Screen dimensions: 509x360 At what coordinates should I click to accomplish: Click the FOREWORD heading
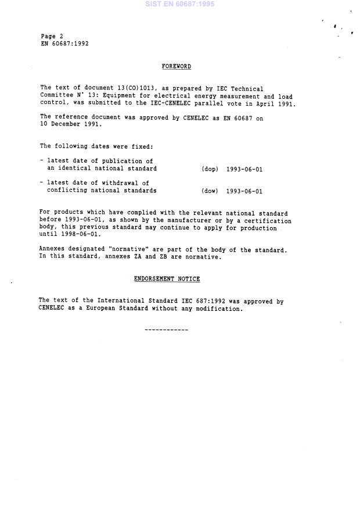(x=177, y=67)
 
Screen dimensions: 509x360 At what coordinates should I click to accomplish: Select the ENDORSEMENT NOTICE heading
(x=167, y=279)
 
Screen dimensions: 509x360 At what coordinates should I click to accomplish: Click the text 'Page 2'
(x=52, y=36)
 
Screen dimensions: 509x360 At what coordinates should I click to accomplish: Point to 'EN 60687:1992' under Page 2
(x=64, y=44)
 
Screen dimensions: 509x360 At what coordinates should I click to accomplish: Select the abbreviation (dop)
(x=210, y=169)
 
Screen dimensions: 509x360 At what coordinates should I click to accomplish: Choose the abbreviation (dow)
(x=210, y=191)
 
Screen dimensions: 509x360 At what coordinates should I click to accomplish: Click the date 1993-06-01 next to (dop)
(x=244, y=169)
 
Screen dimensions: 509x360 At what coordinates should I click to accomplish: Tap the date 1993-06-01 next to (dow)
(x=244, y=191)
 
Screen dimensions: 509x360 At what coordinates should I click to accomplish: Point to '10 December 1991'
(x=70, y=124)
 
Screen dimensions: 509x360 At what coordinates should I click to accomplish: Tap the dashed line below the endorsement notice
(x=166, y=330)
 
